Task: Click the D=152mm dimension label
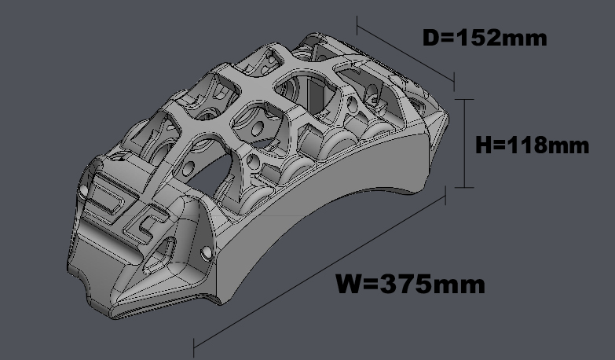pyautogui.click(x=485, y=38)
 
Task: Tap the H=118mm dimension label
pyautogui.click(x=533, y=145)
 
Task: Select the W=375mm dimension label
pyautogui.click(x=411, y=284)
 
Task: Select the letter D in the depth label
pyautogui.click(x=431, y=38)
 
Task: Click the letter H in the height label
pyautogui.click(x=483, y=145)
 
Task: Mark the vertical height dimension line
pyautogui.click(x=465, y=143)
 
